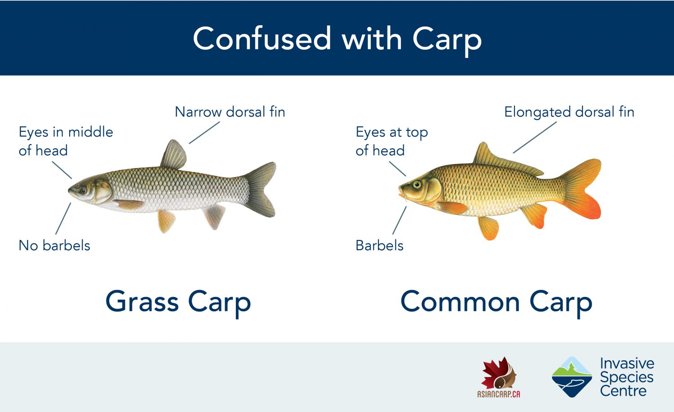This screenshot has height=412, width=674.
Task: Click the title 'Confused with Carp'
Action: (x=337, y=39)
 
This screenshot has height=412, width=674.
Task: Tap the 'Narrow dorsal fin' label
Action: (x=230, y=112)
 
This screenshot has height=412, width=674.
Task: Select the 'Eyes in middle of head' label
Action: (x=66, y=141)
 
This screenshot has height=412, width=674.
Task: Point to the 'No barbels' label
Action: (x=54, y=245)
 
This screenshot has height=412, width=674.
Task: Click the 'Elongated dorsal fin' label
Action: (x=569, y=112)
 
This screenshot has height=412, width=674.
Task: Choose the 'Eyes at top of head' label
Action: (x=391, y=141)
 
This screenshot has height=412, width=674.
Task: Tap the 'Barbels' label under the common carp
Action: (x=379, y=245)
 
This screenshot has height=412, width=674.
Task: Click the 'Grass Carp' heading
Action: (x=178, y=301)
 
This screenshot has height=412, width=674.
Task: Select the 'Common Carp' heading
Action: (x=496, y=301)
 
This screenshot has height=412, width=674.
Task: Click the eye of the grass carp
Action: (x=84, y=190)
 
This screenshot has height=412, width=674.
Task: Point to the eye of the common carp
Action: (x=417, y=185)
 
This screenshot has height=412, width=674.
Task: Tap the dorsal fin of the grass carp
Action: (x=174, y=155)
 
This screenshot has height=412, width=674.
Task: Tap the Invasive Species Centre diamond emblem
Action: (x=572, y=377)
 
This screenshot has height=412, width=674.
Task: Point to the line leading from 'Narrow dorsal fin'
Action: (x=204, y=133)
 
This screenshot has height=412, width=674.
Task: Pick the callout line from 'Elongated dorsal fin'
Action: (x=534, y=137)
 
